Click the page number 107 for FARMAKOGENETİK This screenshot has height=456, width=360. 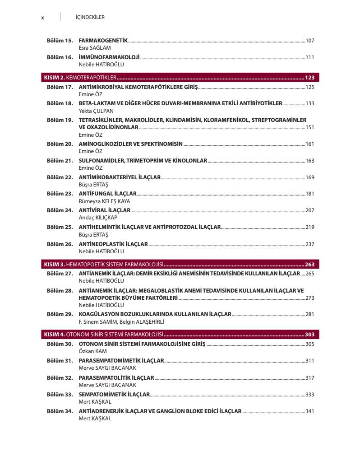[x=309, y=41]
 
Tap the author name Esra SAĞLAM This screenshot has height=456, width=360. [x=95, y=47]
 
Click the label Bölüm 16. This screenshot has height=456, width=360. [x=60, y=57]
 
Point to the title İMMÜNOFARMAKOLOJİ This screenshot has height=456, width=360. [x=109, y=57]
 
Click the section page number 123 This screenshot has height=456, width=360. [x=309, y=77]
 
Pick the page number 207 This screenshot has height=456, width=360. [x=309, y=210]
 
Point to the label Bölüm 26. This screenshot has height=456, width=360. [x=60, y=244]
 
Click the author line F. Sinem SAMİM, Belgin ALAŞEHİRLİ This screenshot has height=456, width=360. [x=121, y=322]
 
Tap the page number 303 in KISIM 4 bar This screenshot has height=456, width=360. [x=309, y=335]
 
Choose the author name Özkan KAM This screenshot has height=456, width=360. [x=93, y=351]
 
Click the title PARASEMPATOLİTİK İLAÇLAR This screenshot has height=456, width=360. [x=116, y=377]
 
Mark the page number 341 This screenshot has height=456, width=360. [x=309, y=411]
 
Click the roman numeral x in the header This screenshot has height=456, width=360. [x=42, y=18]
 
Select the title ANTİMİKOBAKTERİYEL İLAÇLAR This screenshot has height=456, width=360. [x=120, y=177]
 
